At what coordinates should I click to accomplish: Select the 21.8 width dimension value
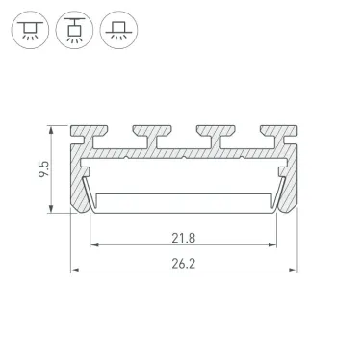point(182,235)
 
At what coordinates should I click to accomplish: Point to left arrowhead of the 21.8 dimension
point(94,244)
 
